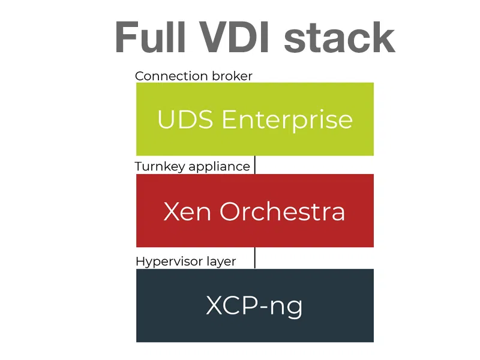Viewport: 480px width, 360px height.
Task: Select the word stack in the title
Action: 340,37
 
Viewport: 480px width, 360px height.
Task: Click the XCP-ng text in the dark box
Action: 254,306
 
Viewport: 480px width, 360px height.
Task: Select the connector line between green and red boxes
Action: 255,165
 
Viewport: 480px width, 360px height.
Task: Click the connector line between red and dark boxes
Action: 255,257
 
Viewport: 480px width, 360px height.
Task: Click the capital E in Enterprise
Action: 229,119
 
